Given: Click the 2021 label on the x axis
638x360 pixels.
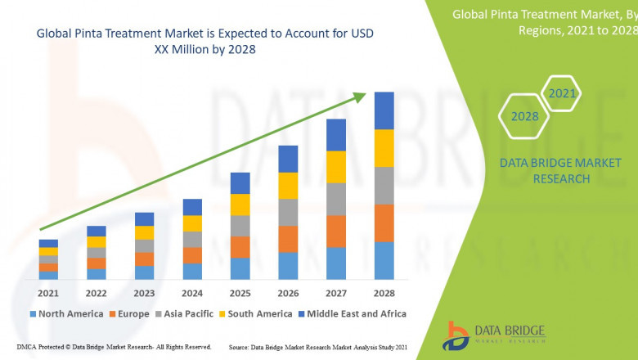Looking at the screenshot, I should coord(47,293).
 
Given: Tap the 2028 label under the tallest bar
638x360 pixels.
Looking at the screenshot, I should coord(384,293).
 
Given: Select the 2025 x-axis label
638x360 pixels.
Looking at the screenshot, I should coord(240,293).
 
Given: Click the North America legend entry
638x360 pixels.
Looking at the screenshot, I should coord(66,313).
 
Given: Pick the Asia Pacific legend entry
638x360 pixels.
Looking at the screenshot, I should coord(187,313).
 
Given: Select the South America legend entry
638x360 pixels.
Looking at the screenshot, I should coord(257,313).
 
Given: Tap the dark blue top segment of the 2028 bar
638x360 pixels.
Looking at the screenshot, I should coord(384,110).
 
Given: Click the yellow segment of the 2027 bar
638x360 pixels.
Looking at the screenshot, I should coord(335,167).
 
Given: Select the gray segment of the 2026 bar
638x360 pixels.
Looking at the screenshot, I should coord(287,212).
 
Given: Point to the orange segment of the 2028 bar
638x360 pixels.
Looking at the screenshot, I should coord(384,223).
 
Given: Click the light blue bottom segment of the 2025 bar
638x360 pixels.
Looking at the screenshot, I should coord(240,268).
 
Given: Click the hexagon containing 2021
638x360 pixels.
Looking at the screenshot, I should coord(562,94).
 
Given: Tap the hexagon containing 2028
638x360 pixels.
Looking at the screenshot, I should coord(524,116).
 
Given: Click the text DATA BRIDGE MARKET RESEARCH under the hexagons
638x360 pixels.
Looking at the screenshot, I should coord(545,171).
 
